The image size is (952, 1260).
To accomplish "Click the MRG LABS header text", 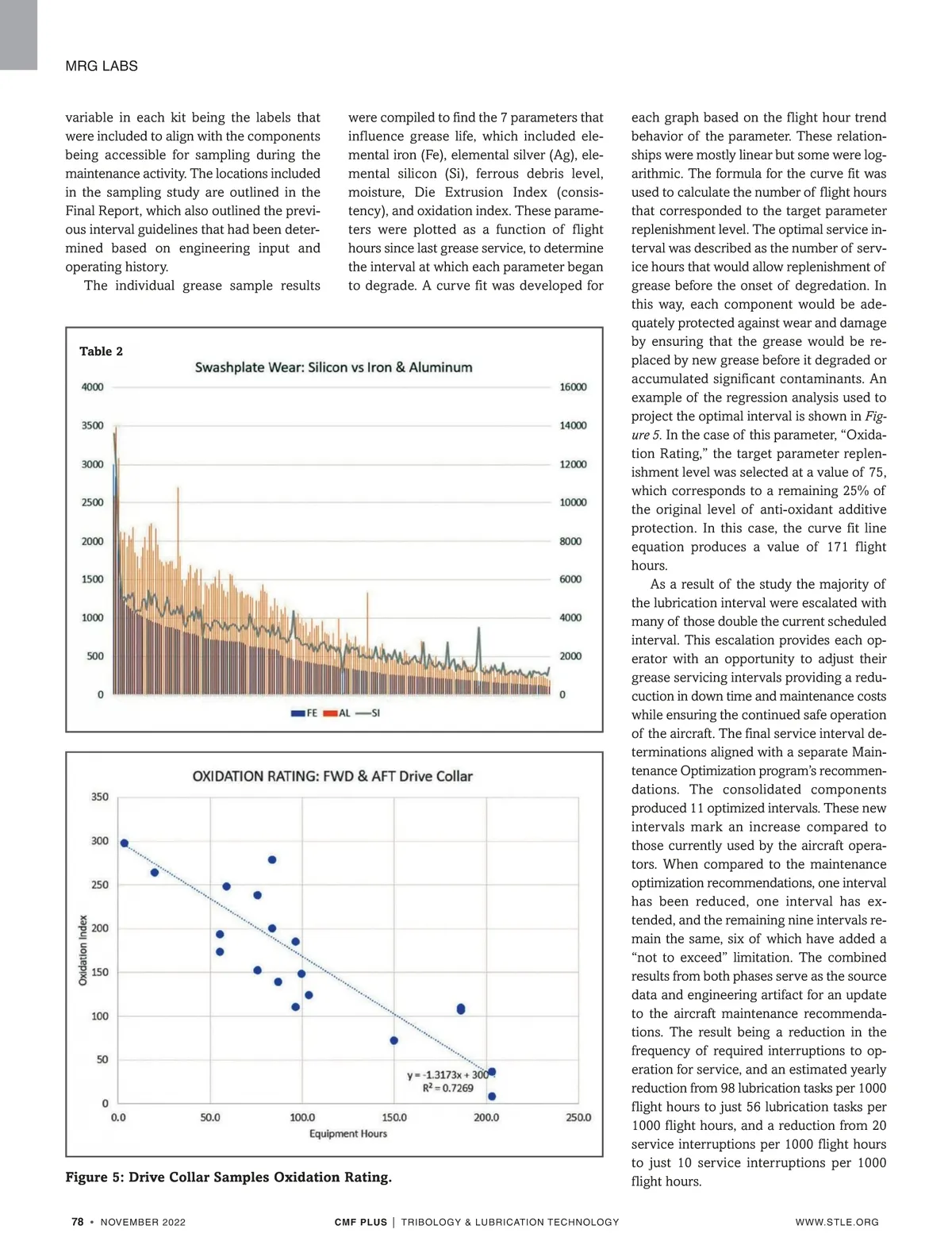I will pyautogui.click(x=102, y=66).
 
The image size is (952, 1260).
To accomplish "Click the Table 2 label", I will pyautogui.click(x=101, y=351).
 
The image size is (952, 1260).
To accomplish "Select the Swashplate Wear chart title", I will pyautogui.click(x=333, y=367).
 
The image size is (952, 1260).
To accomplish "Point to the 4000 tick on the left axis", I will pyautogui.click(x=93, y=387).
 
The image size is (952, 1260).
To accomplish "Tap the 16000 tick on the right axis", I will pyautogui.click(x=573, y=387).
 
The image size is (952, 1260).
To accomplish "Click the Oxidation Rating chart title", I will pyautogui.click(x=332, y=776).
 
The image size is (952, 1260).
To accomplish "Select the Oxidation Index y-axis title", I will pyautogui.click(x=83, y=950).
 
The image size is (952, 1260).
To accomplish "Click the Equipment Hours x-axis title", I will pyautogui.click(x=348, y=1134).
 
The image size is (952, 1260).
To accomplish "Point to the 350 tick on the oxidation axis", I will pyautogui.click(x=100, y=797).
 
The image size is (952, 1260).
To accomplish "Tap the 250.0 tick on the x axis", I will pyautogui.click(x=578, y=1117).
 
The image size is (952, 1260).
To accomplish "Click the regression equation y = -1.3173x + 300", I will pyautogui.click(x=448, y=1075).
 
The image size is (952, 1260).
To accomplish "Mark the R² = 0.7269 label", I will pyautogui.click(x=447, y=1089).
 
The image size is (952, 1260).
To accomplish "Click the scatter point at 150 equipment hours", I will pyautogui.click(x=394, y=1040).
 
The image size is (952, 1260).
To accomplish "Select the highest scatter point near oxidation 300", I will pyautogui.click(x=125, y=843).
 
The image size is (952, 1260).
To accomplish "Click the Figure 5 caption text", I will pyautogui.click(x=228, y=1177).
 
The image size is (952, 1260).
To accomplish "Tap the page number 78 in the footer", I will pyautogui.click(x=78, y=1222).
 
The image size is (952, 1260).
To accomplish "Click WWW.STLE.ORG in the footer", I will pyautogui.click(x=837, y=1222).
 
